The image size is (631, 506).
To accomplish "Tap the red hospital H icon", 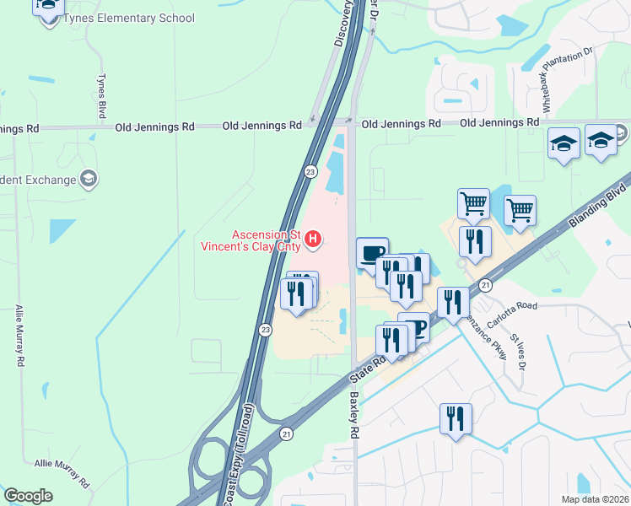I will (x=313, y=240).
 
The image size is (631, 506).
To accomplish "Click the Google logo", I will (x=29, y=495).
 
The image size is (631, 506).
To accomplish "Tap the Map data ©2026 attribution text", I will (x=595, y=498).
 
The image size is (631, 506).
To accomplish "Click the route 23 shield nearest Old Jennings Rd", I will (x=310, y=171).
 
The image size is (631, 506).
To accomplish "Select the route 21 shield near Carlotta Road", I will (x=485, y=286).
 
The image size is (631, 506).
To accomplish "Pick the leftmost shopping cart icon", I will (x=473, y=202).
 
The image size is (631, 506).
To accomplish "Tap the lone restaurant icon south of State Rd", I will (x=455, y=418).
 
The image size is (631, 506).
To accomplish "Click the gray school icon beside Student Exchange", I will (x=89, y=178).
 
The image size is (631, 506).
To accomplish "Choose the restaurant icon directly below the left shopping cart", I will (x=475, y=241).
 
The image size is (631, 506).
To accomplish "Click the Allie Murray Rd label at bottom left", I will (x=62, y=473).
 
